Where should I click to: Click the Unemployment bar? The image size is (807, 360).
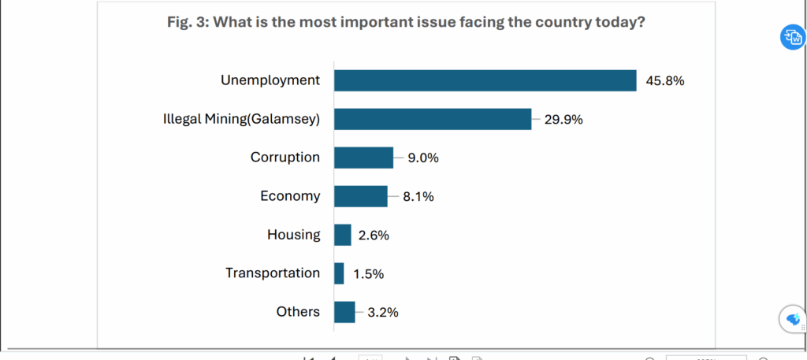485,80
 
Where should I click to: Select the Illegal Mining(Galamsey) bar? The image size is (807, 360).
433,119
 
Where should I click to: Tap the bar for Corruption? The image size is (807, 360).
363,158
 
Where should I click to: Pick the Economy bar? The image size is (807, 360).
360,196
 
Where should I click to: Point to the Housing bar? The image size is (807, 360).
342,235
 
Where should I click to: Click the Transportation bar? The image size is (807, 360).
339,273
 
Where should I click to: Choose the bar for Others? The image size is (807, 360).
344,312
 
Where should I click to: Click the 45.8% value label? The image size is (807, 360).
664,80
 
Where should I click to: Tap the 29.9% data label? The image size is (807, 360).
563,120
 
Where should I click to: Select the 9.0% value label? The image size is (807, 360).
422,158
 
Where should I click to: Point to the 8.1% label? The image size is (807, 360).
418,197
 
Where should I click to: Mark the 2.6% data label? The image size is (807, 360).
373,236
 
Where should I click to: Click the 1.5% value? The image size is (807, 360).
367,274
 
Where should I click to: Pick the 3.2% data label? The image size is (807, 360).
382,313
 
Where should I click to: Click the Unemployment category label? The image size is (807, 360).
270,80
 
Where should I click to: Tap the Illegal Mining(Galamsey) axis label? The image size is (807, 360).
240,119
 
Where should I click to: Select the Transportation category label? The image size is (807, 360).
273,273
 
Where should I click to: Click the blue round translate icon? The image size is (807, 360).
791,37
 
